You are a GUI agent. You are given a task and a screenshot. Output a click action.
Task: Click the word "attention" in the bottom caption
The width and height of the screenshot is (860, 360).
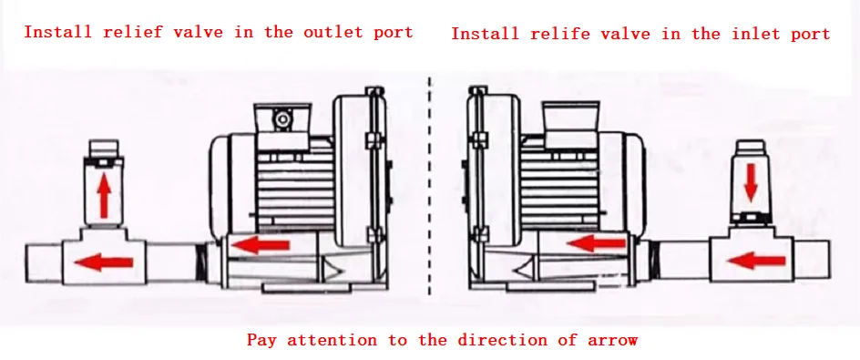point(332,340)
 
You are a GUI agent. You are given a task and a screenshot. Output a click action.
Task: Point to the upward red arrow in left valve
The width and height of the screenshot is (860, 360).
point(104,196)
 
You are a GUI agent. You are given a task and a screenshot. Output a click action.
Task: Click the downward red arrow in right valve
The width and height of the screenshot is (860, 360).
point(751,180)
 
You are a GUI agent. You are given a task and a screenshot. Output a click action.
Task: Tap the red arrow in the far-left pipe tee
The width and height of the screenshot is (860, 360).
point(103,262)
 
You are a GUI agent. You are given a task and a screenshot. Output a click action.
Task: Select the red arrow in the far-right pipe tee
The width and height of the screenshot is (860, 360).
point(756,260)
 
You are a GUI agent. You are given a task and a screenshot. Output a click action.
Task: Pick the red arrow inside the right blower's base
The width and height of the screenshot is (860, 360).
point(598,242)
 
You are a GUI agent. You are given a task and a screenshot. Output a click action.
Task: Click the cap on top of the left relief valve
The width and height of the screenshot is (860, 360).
point(104,148)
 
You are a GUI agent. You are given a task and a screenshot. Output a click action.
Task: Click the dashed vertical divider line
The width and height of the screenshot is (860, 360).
point(429,187)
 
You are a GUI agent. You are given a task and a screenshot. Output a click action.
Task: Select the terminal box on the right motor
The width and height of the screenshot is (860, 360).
point(569,122)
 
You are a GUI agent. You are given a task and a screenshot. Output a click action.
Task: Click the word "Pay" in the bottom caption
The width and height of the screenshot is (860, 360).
point(261,341)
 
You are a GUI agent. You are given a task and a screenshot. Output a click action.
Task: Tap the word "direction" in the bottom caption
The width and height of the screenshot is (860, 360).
point(504,340)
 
